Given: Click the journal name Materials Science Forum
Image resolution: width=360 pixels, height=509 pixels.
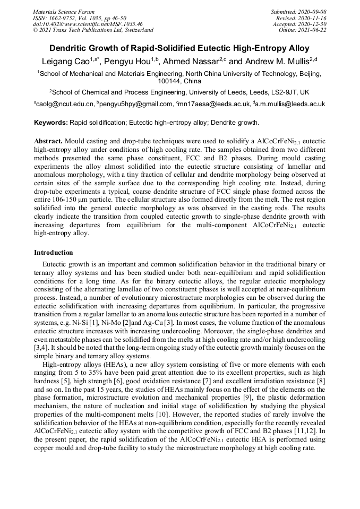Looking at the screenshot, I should (x=64, y=12).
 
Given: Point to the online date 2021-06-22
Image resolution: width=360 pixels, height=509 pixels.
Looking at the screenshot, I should (x=313, y=30).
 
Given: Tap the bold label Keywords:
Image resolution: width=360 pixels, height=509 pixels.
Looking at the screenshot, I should (x=51, y=123).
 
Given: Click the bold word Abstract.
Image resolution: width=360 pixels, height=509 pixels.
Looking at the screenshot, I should (x=48, y=142).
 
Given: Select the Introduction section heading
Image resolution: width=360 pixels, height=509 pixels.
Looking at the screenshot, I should (x=53, y=253).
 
